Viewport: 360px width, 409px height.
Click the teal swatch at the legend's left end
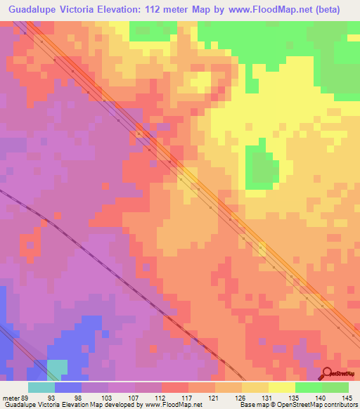point(41,388)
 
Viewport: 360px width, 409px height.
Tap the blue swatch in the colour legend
point(68,388)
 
